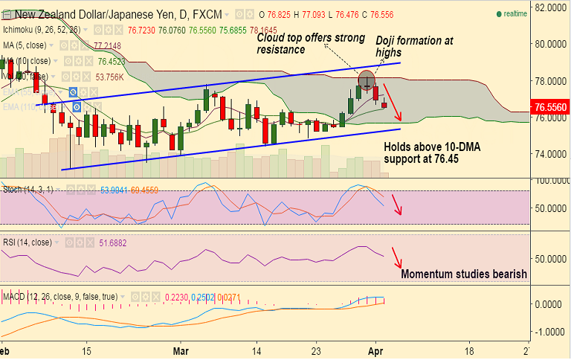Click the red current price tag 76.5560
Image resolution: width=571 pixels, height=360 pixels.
coord(551,107)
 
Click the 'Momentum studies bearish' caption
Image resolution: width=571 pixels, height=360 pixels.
coord(464,274)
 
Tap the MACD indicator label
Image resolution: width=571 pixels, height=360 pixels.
coord(15,298)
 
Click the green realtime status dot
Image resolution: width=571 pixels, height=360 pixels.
coord(498,13)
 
